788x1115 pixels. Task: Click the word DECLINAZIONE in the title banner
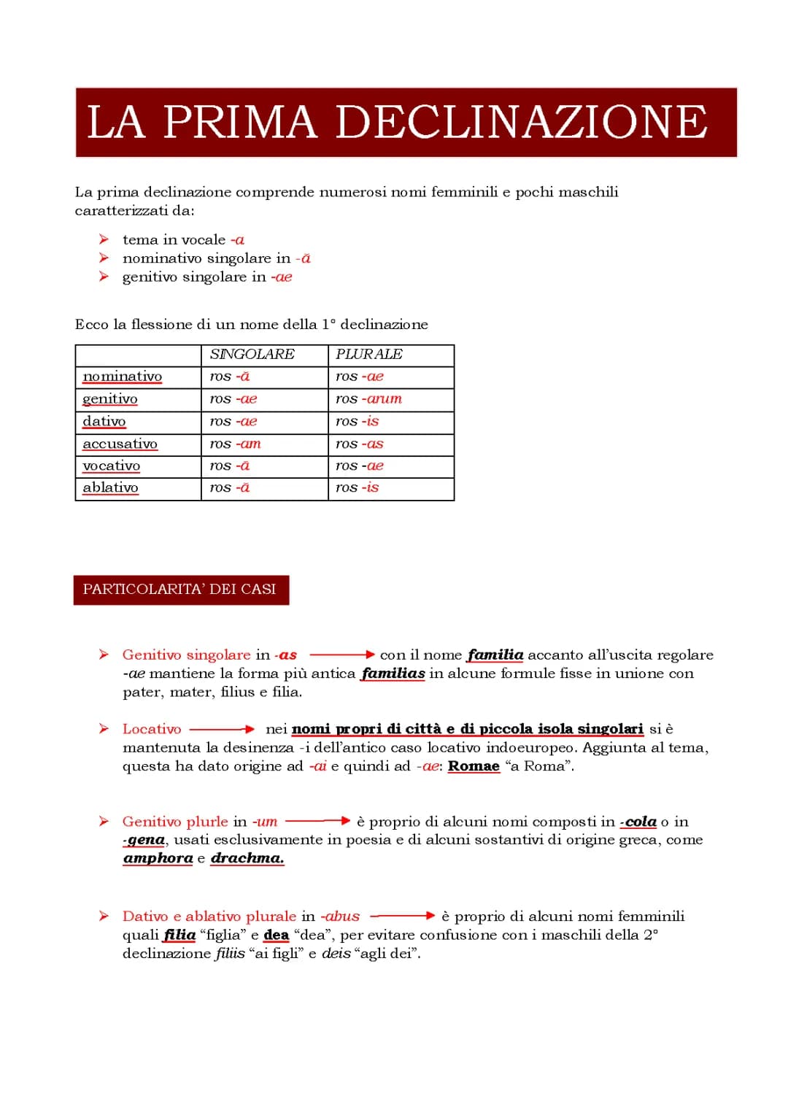521,122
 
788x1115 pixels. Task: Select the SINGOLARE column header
252,355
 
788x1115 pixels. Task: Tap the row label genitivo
110,399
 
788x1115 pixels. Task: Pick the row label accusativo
120,444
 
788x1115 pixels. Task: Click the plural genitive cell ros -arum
368,399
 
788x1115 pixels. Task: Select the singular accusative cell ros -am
235,444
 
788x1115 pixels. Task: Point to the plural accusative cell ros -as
359,444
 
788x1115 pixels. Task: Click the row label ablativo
110,487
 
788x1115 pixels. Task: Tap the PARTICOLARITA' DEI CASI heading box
180,590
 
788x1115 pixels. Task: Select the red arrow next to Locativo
222,729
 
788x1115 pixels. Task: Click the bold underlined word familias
393,674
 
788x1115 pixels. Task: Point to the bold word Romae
474,766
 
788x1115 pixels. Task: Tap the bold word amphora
158,858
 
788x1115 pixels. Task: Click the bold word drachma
247,858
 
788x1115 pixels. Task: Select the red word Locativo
152,729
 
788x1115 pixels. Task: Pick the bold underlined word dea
276,935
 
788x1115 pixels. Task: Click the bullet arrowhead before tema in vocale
104,239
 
